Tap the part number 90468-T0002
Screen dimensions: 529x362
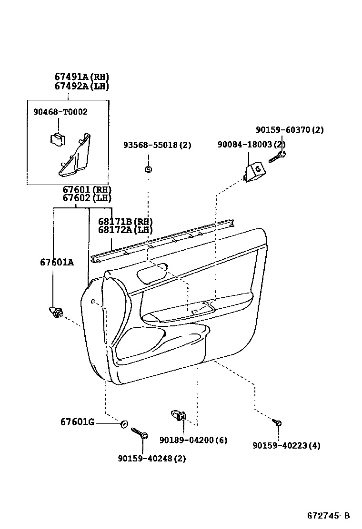(x=60, y=112)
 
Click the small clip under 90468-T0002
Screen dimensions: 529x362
(x=57, y=139)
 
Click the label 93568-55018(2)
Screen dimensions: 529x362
(x=157, y=145)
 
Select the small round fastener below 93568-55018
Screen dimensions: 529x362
(x=148, y=169)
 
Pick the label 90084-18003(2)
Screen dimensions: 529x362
(x=251, y=145)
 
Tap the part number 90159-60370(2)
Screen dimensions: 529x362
(x=290, y=130)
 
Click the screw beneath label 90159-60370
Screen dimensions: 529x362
(x=277, y=157)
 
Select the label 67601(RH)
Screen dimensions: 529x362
(x=87, y=189)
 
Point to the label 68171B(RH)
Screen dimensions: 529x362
(x=125, y=221)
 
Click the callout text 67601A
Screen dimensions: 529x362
(x=57, y=262)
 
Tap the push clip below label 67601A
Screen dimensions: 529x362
(x=56, y=313)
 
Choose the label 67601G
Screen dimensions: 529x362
(x=77, y=422)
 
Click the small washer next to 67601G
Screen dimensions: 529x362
(x=124, y=424)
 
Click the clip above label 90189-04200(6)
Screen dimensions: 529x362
(x=179, y=416)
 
